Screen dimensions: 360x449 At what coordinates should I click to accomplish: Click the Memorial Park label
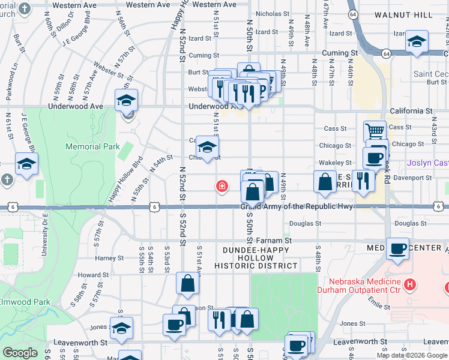[x=92, y=146]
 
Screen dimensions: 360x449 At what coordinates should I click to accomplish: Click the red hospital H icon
[x=410, y=283]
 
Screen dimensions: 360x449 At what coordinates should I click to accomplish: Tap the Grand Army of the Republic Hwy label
[x=297, y=207]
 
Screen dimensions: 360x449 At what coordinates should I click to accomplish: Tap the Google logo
[x=19, y=353]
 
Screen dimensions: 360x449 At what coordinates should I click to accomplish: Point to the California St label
[x=411, y=111]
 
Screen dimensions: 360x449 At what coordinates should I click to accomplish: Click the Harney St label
[x=109, y=259]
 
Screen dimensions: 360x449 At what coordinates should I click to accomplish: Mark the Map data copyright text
[x=412, y=355]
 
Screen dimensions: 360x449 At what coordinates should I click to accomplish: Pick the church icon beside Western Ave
[x=24, y=8]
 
